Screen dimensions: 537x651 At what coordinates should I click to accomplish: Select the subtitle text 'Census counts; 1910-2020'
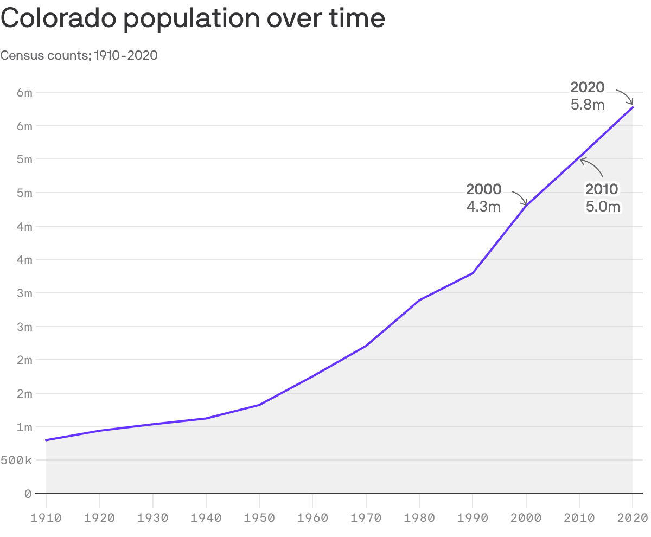pyautogui.click(x=79, y=55)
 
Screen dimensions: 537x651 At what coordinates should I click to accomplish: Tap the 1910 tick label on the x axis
pyautogui.click(x=46, y=517)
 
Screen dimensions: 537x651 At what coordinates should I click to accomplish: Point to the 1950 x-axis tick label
pyautogui.click(x=259, y=517)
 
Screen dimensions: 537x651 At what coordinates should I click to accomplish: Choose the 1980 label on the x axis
pyautogui.click(x=419, y=517)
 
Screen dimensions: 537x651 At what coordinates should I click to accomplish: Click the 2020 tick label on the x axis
pyautogui.click(x=632, y=517)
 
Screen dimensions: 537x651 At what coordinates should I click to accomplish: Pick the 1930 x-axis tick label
pyautogui.click(x=152, y=517)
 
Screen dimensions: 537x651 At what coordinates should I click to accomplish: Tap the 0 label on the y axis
pyautogui.click(x=28, y=494)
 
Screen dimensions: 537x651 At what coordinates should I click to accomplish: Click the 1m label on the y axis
pyautogui.click(x=24, y=427)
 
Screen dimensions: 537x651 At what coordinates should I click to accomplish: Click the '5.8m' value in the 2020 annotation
pyautogui.click(x=587, y=105)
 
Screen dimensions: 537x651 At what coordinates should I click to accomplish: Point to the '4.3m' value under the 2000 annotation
pyautogui.click(x=483, y=206)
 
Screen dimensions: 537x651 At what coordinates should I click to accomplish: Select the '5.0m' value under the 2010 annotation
pyautogui.click(x=602, y=206)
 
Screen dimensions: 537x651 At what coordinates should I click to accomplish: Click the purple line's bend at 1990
pyautogui.click(x=473, y=273)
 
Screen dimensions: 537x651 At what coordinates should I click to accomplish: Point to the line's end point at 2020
pyautogui.click(x=632, y=107)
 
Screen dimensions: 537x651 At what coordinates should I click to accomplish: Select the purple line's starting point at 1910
pyautogui.click(x=46, y=440)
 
